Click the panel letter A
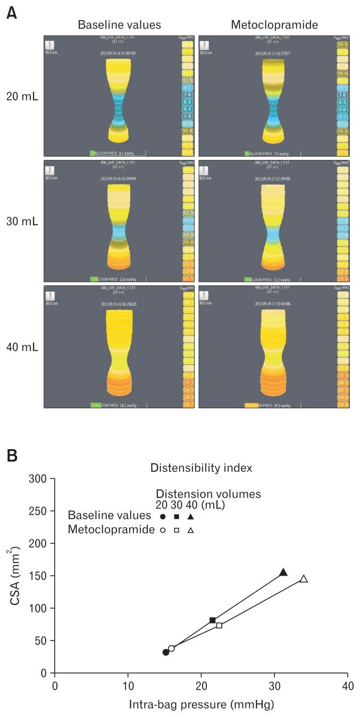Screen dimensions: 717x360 [10, 12]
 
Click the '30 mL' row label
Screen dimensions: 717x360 [22, 221]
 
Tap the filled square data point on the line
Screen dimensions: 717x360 [213, 620]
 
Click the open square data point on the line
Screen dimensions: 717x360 [219, 626]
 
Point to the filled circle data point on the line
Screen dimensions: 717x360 [166, 652]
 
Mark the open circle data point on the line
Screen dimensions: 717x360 [171, 648]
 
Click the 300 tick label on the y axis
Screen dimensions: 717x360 [40, 479]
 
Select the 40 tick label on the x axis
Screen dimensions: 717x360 [348, 685]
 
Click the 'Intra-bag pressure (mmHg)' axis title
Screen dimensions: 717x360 [202, 705]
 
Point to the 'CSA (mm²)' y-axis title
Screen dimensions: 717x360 [18, 576]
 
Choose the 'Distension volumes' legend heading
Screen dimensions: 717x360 [208, 494]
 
